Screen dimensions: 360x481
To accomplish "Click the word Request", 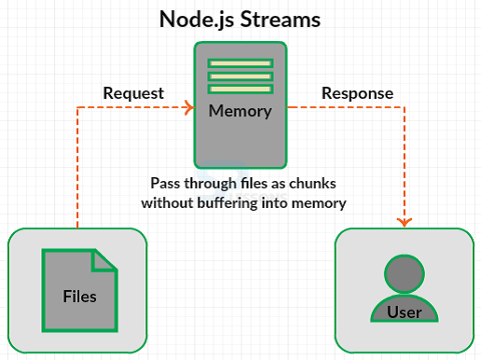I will click(x=133, y=93).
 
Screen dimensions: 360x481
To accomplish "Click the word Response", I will click(x=357, y=93).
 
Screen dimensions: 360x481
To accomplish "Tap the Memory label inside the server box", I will click(x=240, y=111).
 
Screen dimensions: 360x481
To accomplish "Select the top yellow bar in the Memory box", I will click(x=240, y=63).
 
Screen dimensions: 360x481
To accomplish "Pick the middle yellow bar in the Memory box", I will click(x=240, y=76).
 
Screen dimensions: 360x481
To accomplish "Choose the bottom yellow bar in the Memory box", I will click(x=240, y=89).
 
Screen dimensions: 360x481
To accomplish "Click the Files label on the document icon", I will click(x=79, y=298).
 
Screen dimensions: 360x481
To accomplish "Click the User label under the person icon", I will click(x=404, y=312).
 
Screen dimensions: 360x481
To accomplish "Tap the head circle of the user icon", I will click(x=404, y=273).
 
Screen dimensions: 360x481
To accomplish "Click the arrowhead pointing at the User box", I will click(x=404, y=222).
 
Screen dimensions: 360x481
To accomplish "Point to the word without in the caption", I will click(x=166, y=201).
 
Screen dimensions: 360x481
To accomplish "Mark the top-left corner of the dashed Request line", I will click(x=77, y=108).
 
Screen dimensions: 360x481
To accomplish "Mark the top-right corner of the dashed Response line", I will click(x=404, y=108).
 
